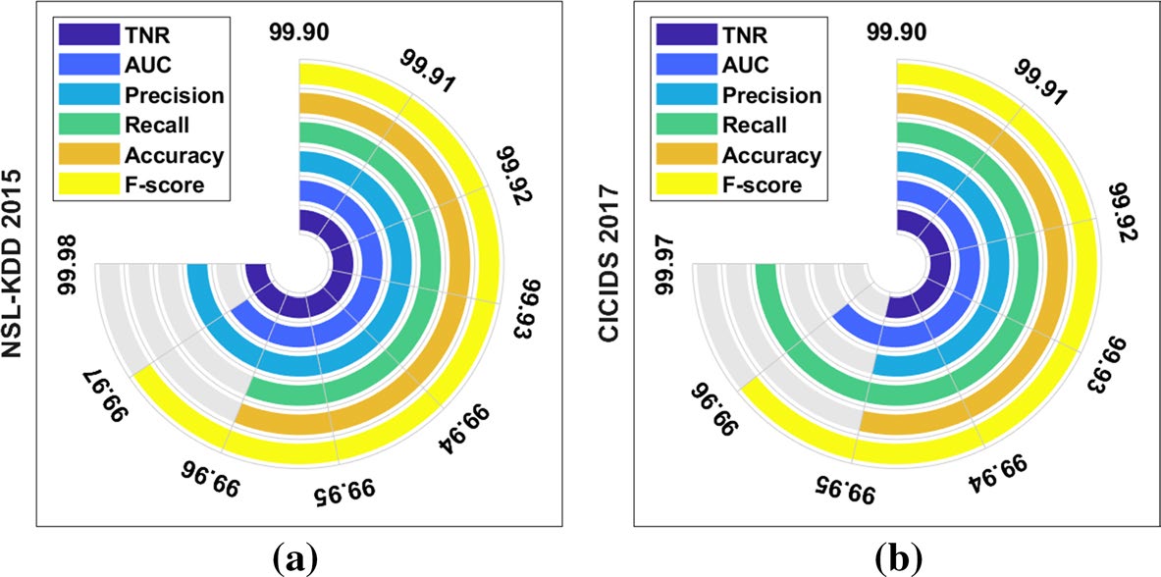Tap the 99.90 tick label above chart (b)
(896, 35)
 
